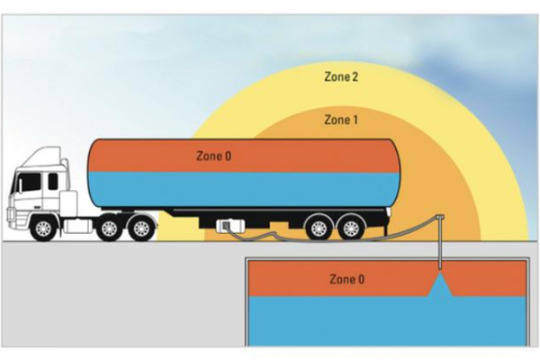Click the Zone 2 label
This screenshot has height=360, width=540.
tap(341, 76)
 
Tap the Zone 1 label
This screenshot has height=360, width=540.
tap(341, 120)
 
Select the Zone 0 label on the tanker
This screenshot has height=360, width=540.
tap(214, 156)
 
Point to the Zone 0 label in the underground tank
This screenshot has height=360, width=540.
tap(346, 279)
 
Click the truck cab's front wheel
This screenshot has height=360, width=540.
tap(43, 228)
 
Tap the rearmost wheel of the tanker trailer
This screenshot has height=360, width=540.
tap(351, 228)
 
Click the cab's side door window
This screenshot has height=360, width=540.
tap(53, 181)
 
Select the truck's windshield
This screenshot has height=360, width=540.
tap(28, 183)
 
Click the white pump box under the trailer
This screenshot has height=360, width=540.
tap(230, 226)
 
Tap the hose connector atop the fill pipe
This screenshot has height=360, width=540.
tap(440, 218)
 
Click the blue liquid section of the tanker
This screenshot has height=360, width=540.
tap(244, 190)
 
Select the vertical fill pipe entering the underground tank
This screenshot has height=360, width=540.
tap(440, 244)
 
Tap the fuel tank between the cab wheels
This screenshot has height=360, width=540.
tap(77, 226)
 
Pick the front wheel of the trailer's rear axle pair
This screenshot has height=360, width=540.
tap(319, 228)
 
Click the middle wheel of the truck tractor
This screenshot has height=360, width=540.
tap(110, 228)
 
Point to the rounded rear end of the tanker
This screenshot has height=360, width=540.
tap(394, 174)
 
